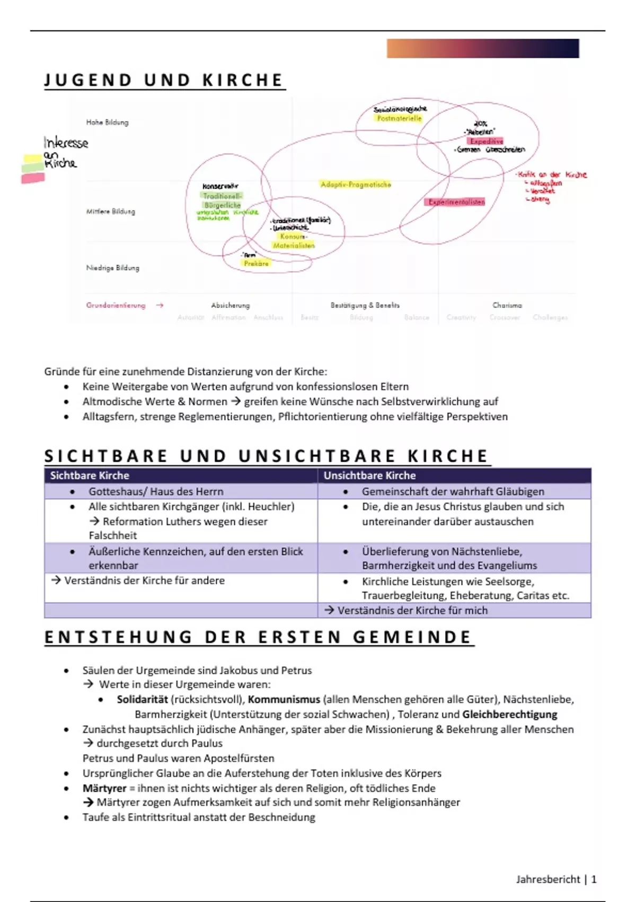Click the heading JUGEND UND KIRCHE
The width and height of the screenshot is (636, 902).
pyautogui.click(x=164, y=80)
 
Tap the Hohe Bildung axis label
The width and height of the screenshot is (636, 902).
pyautogui.click(x=107, y=122)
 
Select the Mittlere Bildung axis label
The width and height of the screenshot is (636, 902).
pyautogui.click(x=111, y=211)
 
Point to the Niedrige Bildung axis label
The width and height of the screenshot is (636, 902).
pyautogui.click(x=113, y=268)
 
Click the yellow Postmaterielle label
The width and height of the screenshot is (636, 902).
pyautogui.click(x=399, y=118)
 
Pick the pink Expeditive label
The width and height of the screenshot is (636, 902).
pyautogui.click(x=486, y=141)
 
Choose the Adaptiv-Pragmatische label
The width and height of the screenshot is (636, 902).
pyautogui.click(x=356, y=185)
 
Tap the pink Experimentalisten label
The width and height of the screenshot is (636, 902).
pyautogui.click(x=456, y=202)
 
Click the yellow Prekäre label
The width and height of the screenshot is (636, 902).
pyautogui.click(x=257, y=263)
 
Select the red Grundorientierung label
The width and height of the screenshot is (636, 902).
pyautogui.click(x=116, y=305)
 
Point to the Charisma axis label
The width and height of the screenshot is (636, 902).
pyautogui.click(x=507, y=305)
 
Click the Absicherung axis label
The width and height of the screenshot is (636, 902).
pyautogui.click(x=231, y=305)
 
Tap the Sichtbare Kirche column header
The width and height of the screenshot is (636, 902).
pyautogui.click(x=90, y=475)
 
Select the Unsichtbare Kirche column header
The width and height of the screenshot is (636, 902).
pyautogui.click(x=369, y=475)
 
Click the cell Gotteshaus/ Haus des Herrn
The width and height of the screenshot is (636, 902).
pyautogui.click(x=156, y=491)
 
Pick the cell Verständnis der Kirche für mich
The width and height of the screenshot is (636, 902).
pyautogui.click(x=412, y=610)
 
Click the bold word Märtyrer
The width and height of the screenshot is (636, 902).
pyautogui.click(x=104, y=788)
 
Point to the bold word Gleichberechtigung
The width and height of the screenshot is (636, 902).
pyautogui.click(x=510, y=714)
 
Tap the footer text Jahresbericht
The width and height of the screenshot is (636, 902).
pyautogui.click(x=548, y=879)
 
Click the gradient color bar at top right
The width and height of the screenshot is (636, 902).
pyautogui.click(x=482, y=48)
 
